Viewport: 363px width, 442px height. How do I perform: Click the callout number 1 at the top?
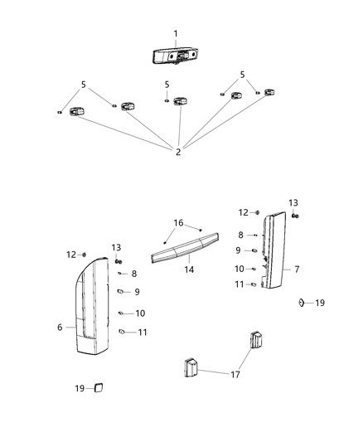(x=176, y=33)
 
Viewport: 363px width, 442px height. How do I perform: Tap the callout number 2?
(x=177, y=151)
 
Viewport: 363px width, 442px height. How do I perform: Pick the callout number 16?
(x=179, y=222)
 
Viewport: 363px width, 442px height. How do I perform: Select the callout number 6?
(x=60, y=328)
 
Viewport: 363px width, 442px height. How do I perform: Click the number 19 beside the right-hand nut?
(x=320, y=304)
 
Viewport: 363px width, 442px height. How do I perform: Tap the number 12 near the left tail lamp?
(x=70, y=254)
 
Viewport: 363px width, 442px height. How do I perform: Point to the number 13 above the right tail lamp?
(x=293, y=202)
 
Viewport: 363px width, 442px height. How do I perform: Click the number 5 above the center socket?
(x=167, y=85)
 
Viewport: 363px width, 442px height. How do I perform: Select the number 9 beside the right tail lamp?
(x=238, y=250)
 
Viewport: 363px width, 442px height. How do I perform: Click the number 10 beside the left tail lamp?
(x=139, y=313)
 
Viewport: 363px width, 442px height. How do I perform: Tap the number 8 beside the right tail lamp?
(x=240, y=236)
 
